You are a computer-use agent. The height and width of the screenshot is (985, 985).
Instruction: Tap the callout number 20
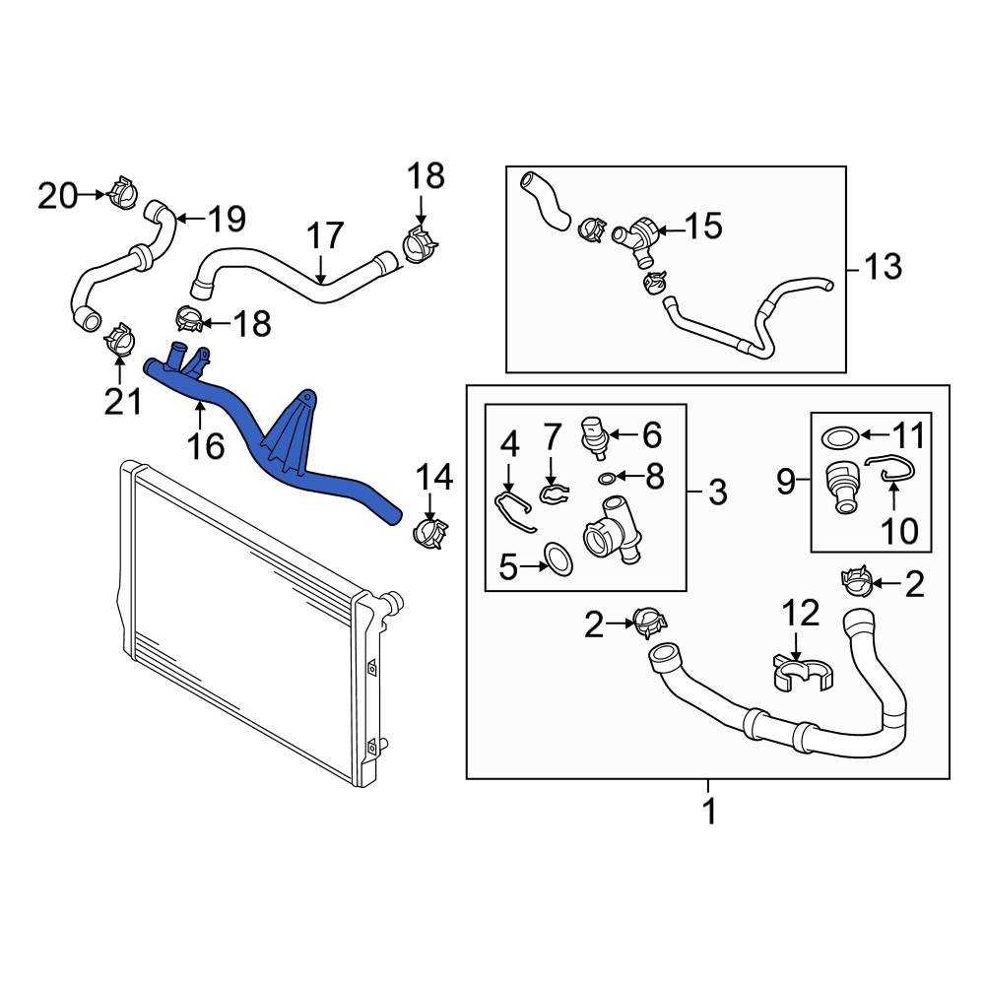pos(56,196)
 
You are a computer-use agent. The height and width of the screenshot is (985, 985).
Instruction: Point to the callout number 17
pos(325,236)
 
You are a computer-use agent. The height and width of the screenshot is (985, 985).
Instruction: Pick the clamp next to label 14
pos(427,532)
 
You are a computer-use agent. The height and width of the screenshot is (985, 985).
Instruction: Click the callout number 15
pos(703,227)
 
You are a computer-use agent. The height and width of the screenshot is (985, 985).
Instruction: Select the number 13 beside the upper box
pos(883,266)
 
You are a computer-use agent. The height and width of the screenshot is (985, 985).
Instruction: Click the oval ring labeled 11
pos(839,434)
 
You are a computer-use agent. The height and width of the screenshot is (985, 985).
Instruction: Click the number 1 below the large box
pos(707,813)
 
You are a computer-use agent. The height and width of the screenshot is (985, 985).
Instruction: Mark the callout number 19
pos(225,219)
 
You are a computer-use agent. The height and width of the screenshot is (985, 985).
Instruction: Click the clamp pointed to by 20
pos(123,192)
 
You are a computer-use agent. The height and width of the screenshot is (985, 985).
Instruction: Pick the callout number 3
pos(716,490)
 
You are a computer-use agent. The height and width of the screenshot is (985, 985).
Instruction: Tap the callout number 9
pos(785,482)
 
